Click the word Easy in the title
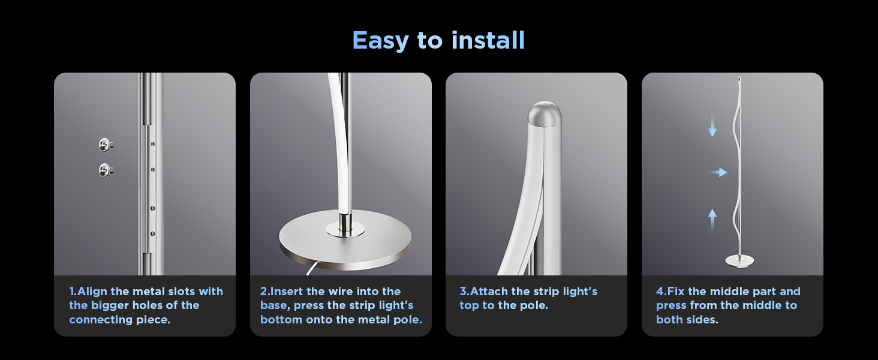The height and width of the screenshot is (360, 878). (380, 41)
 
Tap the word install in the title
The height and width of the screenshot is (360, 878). (488, 40)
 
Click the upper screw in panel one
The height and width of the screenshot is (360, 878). (106, 145)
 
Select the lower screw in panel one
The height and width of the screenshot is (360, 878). (106, 170)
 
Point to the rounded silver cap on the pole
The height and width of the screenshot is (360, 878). (545, 113)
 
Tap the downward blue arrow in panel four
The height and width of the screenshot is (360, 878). (712, 125)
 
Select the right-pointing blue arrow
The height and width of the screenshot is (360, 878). (716, 172)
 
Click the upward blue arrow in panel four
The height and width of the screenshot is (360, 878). (712, 220)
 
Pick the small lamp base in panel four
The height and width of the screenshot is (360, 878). (739, 261)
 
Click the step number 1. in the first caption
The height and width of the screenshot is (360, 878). (73, 292)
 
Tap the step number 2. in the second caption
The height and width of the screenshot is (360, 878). (265, 292)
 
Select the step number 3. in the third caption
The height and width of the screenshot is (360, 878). (465, 292)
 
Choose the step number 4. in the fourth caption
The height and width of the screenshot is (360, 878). (661, 292)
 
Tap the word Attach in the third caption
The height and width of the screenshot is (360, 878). (489, 292)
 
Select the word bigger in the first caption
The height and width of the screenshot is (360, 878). (110, 306)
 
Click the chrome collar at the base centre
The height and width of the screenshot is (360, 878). (345, 227)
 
